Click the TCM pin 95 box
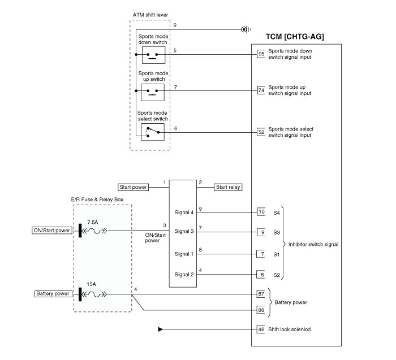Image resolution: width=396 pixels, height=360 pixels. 261,54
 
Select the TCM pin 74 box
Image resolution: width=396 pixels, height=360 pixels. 261,90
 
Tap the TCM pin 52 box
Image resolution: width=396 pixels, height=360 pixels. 261,132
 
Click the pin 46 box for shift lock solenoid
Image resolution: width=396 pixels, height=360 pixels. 261,329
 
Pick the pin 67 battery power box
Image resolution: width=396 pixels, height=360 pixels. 261,294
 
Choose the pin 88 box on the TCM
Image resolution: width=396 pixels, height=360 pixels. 261,310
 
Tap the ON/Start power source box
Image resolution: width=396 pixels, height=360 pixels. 51,231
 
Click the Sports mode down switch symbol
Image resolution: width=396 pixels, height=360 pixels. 153,55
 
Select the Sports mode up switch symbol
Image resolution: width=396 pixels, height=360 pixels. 153,91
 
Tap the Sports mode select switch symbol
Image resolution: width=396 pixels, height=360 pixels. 153,132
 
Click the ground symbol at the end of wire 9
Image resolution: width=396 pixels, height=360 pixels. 244,29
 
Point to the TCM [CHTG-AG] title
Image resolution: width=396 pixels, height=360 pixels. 295,37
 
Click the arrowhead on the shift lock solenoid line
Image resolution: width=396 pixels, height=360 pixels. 161,329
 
